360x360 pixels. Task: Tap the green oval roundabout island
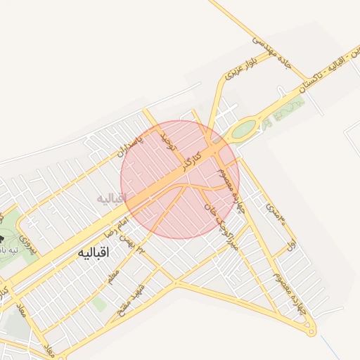(243, 129)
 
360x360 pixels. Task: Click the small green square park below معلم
(100, 304)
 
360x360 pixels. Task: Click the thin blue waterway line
(330, 346)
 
